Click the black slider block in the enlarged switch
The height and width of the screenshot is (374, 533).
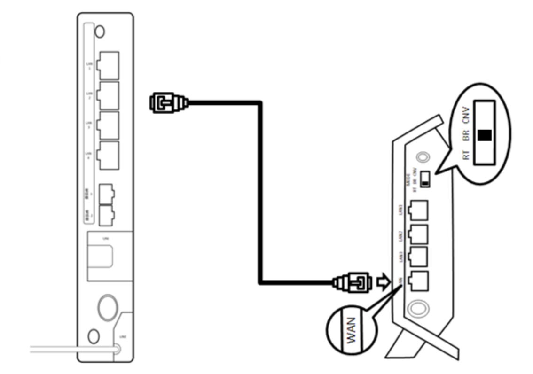pyautogui.click(x=485, y=135)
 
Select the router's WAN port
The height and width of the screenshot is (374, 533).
pyautogui.click(x=418, y=280)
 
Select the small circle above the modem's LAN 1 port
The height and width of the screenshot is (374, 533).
pyautogui.click(x=100, y=31)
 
